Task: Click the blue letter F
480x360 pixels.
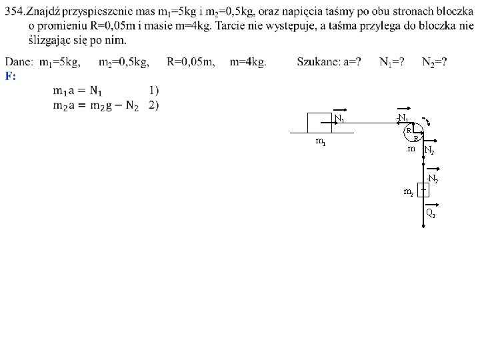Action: click(10, 75)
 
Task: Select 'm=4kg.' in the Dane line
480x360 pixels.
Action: click(247, 62)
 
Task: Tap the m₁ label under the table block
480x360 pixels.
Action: click(320, 142)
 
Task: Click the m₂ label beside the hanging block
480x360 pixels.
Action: click(409, 192)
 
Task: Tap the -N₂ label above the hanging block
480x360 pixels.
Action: click(432, 178)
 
